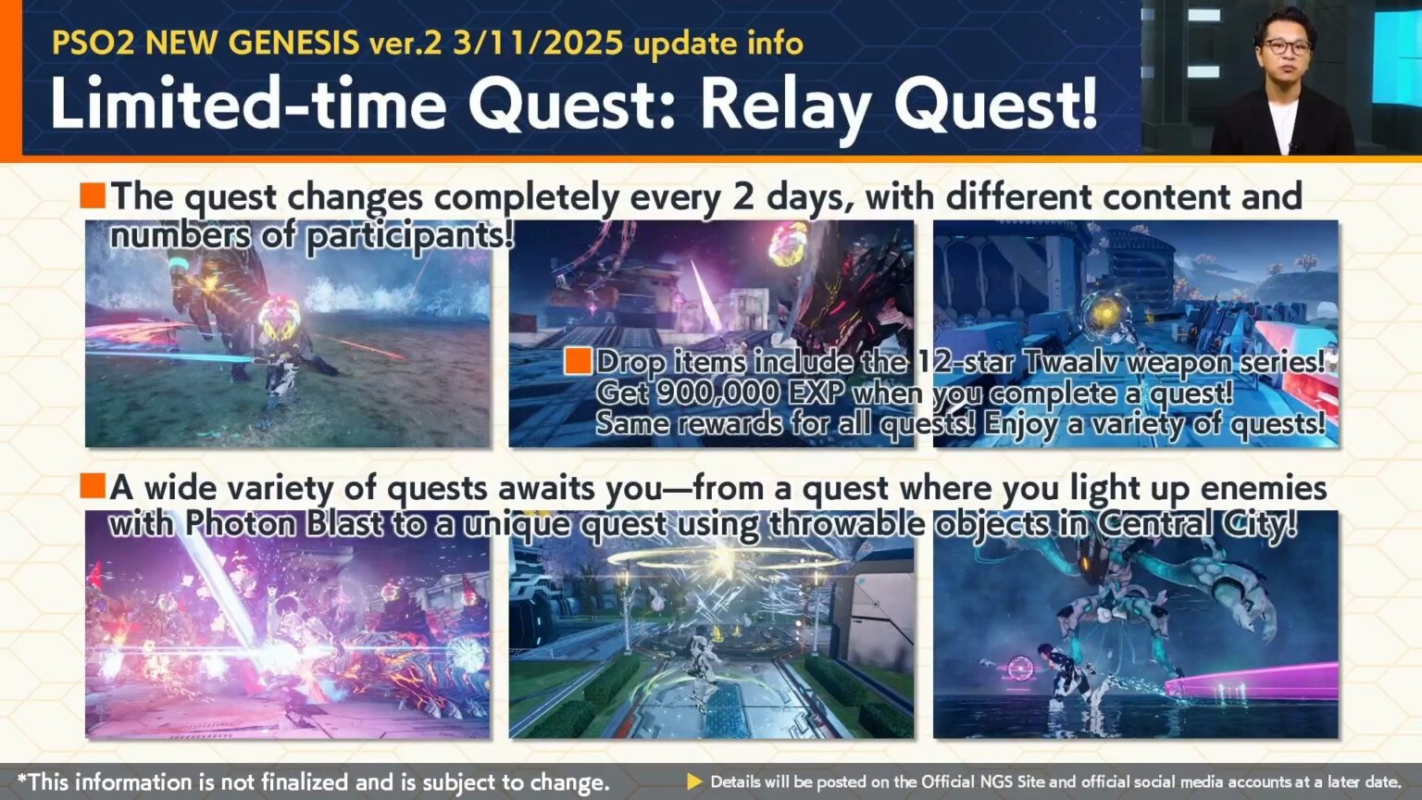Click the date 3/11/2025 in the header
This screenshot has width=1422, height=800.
(538, 43)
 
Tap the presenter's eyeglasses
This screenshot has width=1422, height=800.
(1287, 46)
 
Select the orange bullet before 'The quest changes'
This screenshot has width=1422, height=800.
(93, 195)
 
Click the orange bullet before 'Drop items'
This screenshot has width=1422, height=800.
(578, 361)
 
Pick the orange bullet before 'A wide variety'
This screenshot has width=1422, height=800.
(93, 486)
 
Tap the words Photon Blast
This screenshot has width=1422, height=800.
(283, 524)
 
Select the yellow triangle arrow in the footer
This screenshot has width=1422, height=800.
(694, 781)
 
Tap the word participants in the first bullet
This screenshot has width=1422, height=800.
(409, 236)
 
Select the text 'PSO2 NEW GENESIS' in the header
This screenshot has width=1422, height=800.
(205, 43)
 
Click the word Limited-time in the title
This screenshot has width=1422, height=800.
(248, 104)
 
